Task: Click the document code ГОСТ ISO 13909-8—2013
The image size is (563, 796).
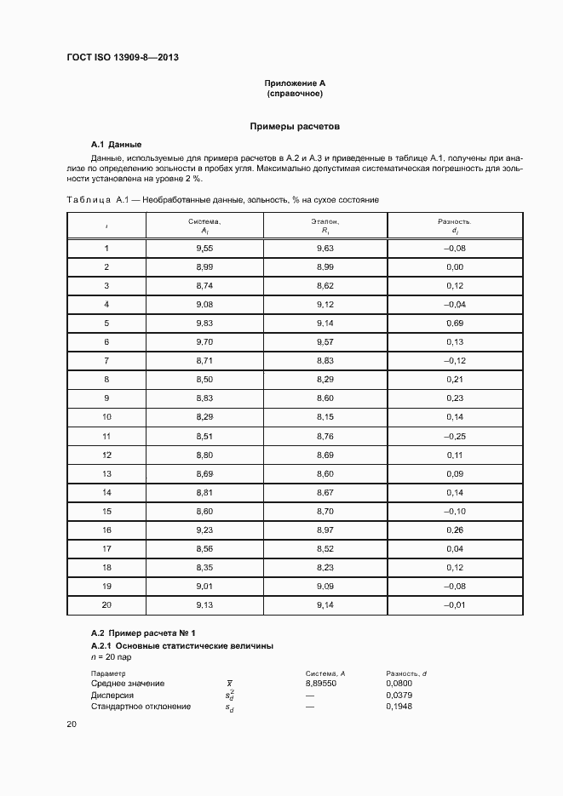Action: click(123, 58)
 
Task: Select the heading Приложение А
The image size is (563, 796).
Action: click(295, 83)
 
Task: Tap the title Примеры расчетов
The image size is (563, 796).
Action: click(295, 126)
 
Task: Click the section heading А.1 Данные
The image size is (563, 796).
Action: click(116, 144)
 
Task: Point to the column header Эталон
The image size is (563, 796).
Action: click(325, 221)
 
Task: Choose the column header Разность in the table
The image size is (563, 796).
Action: click(454, 221)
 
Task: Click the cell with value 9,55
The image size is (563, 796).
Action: click(204, 248)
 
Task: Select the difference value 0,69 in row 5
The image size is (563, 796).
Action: click(454, 323)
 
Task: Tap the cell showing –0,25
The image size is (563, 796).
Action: click(454, 436)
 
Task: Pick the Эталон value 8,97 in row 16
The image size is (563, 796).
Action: click(325, 530)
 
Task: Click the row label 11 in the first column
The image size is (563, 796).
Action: click(106, 436)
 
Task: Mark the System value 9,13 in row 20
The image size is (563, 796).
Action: click(204, 604)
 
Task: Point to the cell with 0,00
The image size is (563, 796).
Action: click(454, 266)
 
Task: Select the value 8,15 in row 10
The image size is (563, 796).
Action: click(325, 417)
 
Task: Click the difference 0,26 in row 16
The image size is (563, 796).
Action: click(454, 530)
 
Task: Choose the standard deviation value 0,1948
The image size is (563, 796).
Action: click(399, 706)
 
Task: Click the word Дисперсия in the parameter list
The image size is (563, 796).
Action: click(112, 695)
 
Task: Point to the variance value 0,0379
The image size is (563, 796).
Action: click(399, 695)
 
